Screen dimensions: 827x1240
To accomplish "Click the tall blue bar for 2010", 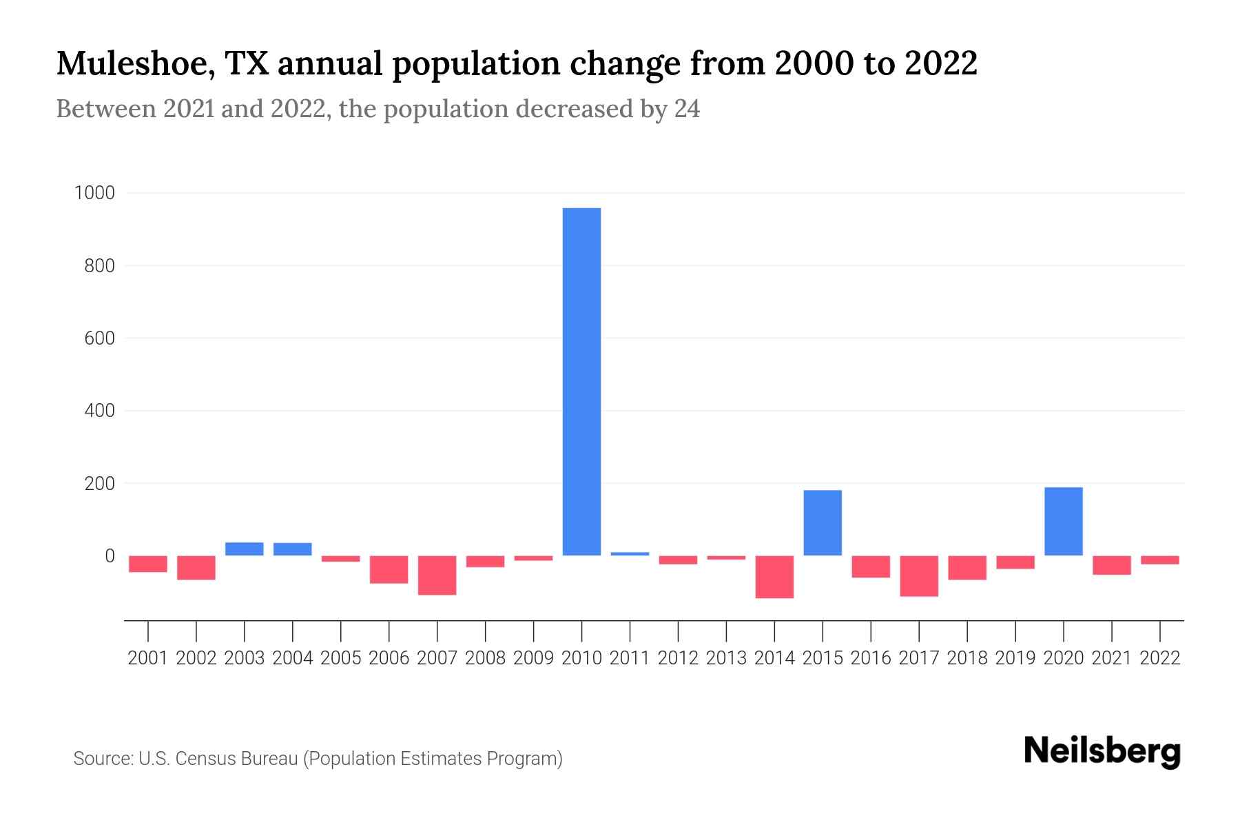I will [581, 381].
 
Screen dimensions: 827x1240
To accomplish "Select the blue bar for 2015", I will [823, 522].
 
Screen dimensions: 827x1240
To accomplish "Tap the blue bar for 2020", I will [1063, 521].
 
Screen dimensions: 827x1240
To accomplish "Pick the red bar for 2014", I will [774, 577].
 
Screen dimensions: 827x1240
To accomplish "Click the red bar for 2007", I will [437, 575].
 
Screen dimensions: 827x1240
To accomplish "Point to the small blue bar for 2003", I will [244, 549].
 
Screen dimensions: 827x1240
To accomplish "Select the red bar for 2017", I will [918, 576].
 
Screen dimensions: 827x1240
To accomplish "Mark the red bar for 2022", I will [1159, 560].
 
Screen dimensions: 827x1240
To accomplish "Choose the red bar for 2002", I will [196, 568].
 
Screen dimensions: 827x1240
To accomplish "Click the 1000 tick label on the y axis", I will [94, 193].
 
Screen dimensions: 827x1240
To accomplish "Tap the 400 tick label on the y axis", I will [99, 411].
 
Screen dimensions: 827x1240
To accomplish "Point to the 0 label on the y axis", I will [109, 555].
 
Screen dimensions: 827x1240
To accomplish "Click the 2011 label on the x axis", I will [630, 658].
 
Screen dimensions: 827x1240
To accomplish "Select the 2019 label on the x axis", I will [1015, 658].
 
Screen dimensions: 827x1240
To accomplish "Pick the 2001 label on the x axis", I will [148, 658].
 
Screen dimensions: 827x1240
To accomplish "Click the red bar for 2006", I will [389, 570].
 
